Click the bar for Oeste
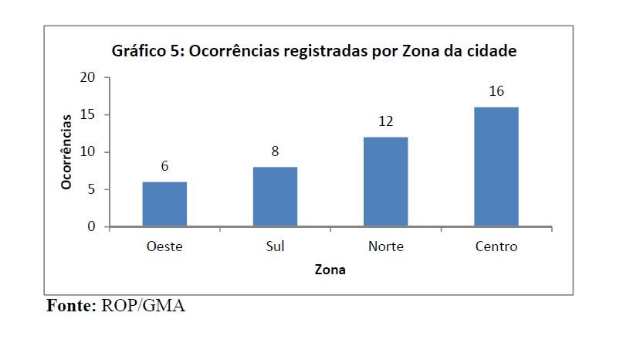click(164, 205)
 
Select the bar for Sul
click(275, 197)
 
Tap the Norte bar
click(385, 182)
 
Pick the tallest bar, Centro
click(496, 167)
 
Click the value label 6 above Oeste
click(164, 166)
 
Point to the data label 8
click(275, 151)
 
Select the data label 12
click(385, 121)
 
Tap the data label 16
click(496, 91)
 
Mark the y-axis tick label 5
click(90, 190)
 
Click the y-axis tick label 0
click(90, 227)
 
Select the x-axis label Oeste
click(164, 247)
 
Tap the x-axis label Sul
click(275, 247)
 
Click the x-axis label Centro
click(496, 247)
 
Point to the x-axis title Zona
click(330, 270)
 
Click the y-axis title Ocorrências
click(67, 152)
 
